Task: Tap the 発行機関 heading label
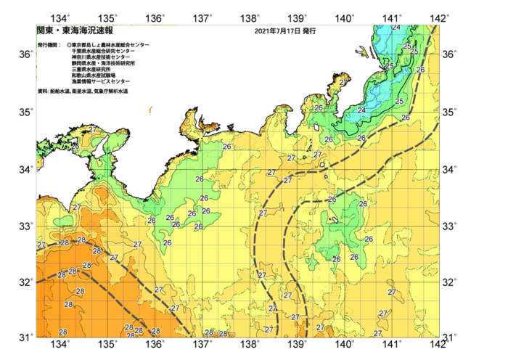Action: click(x=49, y=45)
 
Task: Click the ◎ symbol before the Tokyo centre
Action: click(x=68, y=45)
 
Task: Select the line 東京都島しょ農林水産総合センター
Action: click(x=110, y=45)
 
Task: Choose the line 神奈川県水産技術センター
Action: click(x=101, y=57)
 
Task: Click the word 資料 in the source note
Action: click(x=41, y=91)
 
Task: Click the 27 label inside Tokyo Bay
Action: click(x=343, y=83)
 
